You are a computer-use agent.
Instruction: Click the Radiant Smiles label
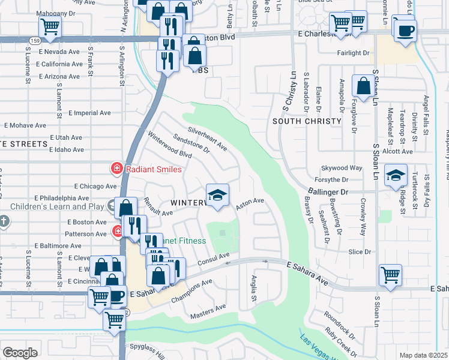pos(152,169)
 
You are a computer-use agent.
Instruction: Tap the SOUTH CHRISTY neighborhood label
pos(302,121)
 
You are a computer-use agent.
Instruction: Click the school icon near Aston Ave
pos(217,194)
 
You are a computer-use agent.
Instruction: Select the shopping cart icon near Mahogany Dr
pos(50,26)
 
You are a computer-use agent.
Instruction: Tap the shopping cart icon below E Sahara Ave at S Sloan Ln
pos(390,275)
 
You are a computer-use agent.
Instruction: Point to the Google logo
pos(20,353)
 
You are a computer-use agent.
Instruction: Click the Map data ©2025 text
pos(423,355)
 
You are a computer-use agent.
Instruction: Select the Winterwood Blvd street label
pos(169,146)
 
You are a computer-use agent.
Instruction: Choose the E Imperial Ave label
pos(89,112)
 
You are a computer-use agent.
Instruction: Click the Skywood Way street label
pos(342,168)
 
